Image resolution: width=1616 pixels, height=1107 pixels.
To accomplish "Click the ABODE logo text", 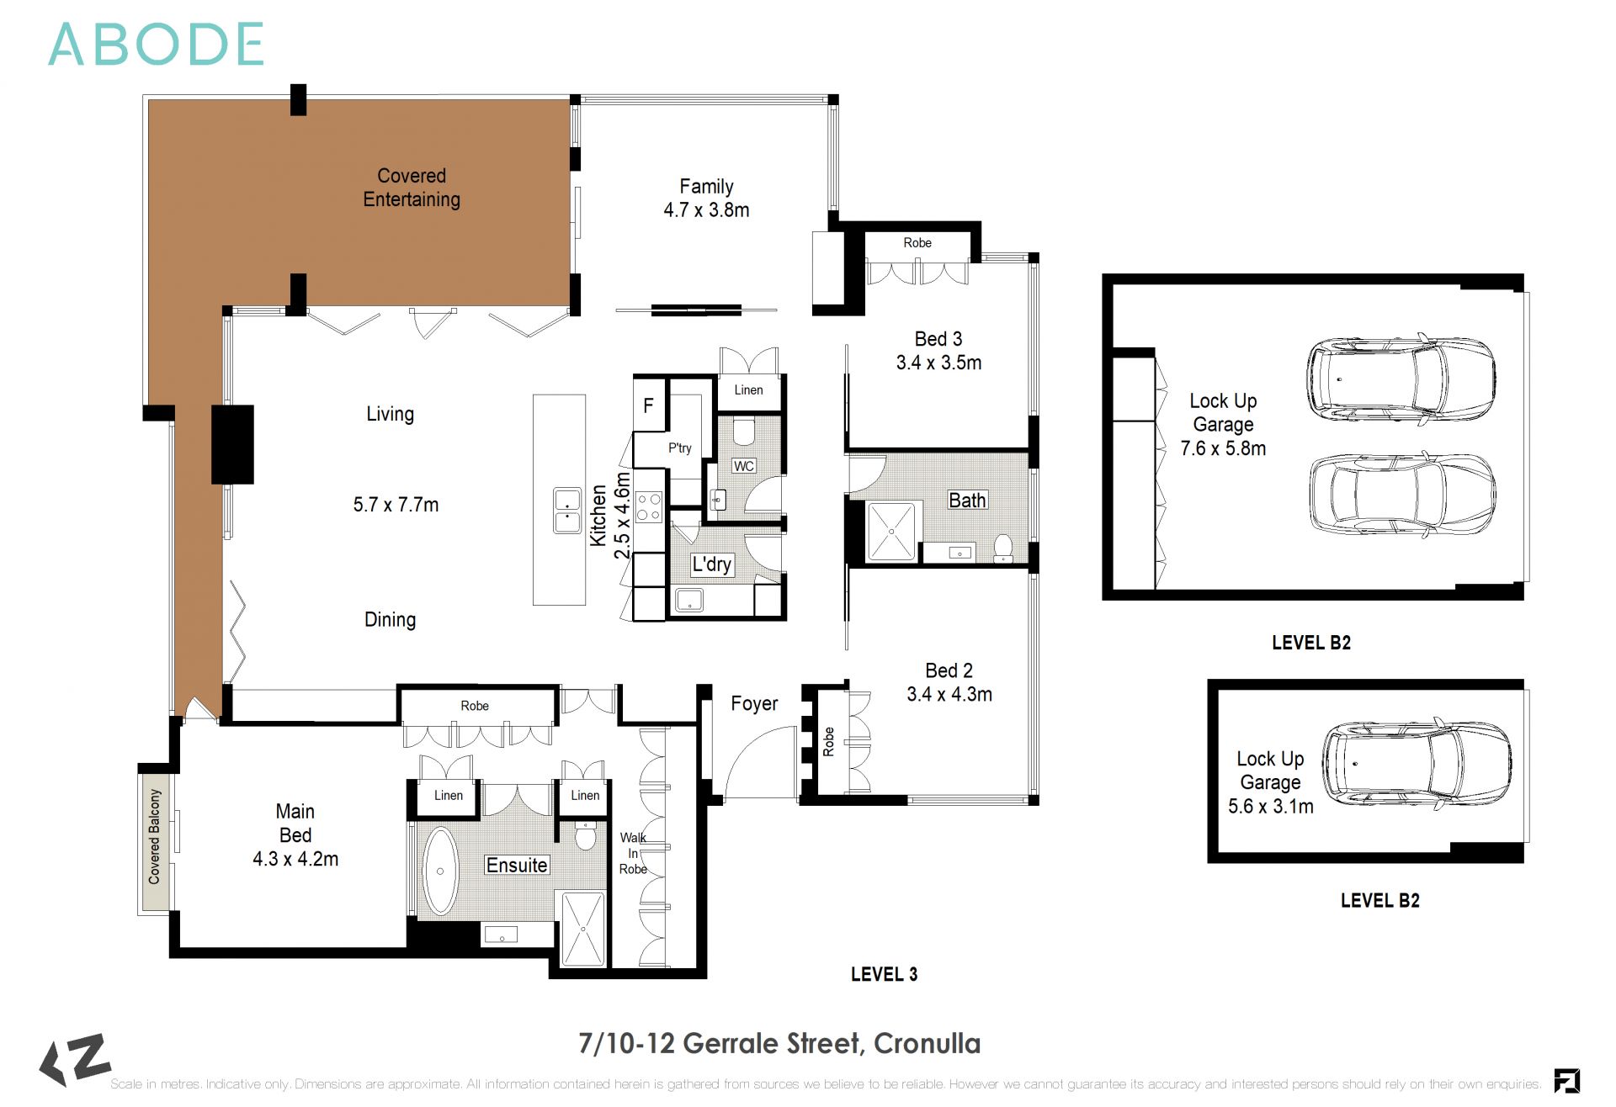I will [x=157, y=45].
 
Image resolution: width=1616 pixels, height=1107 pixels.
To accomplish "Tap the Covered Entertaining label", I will [x=412, y=188].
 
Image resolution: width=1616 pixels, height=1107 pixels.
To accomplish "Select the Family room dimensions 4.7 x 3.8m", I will [x=706, y=210].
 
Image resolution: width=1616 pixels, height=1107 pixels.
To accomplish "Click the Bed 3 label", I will [x=938, y=339].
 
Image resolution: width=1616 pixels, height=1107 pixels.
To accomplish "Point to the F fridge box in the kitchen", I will [x=648, y=405].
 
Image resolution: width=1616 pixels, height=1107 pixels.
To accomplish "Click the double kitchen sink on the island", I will [x=567, y=510].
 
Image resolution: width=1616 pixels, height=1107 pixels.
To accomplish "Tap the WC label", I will [x=743, y=466].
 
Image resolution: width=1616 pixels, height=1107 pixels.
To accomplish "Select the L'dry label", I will [x=711, y=564].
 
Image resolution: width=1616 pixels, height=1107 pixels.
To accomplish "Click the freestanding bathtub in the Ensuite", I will [x=439, y=871].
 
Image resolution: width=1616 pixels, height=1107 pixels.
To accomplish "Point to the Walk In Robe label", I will [x=633, y=853].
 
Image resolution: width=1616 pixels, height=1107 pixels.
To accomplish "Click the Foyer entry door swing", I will [x=757, y=765].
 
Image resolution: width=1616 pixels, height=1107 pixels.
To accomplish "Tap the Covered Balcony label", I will [x=155, y=836].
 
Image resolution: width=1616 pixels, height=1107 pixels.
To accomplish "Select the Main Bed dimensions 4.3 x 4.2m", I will [x=295, y=859].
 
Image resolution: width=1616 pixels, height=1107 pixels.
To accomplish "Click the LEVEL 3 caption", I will [x=884, y=974].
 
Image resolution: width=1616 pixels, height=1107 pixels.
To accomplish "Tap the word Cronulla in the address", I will [x=927, y=1044].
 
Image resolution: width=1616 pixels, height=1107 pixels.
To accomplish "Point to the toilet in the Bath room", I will [x=1002, y=548].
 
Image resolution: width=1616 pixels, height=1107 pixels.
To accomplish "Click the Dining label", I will [x=390, y=620].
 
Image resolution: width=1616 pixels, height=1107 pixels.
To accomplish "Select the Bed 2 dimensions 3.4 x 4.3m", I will [x=949, y=695].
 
